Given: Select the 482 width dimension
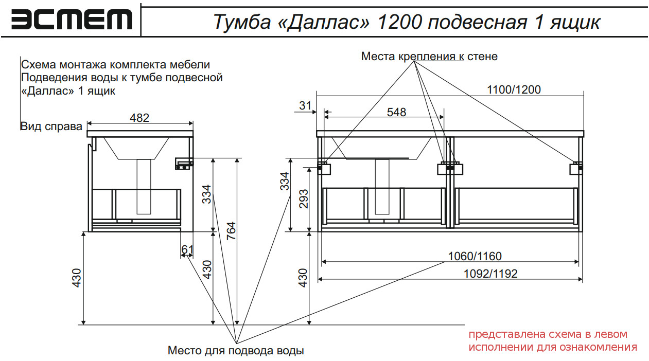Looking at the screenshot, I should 139,118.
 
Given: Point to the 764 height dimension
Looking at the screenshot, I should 231,231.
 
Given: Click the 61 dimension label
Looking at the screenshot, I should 187,250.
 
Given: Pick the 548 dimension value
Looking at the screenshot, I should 396,112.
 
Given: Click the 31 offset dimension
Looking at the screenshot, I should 305,106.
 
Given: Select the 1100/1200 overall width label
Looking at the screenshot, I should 514,89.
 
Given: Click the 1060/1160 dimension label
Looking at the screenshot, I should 475,256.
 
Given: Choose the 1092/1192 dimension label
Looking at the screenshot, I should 490,274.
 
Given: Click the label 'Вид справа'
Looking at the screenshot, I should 51,127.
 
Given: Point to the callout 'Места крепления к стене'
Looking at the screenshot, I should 429,57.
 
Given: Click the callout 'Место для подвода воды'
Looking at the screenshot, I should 236,351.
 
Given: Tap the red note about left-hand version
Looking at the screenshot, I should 553,340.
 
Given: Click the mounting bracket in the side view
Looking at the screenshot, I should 183,164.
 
